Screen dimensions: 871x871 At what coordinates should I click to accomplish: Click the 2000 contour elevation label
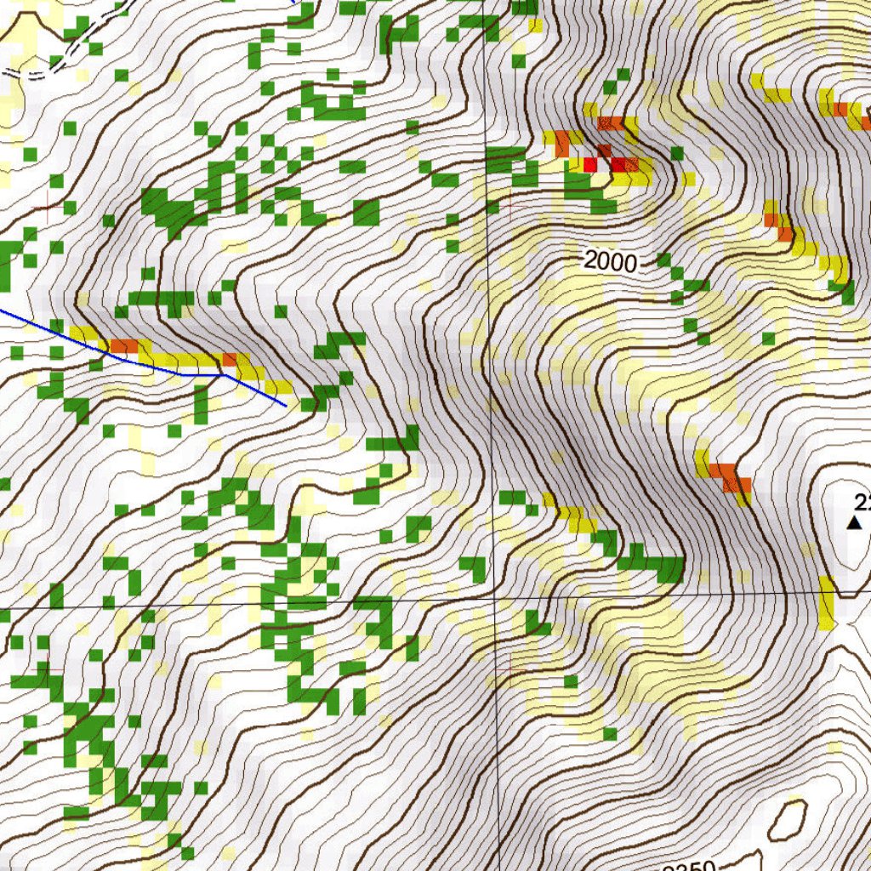coord(611,262)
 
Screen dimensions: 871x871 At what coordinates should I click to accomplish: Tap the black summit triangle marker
coord(855,522)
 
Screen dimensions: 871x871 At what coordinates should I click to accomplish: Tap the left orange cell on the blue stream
coord(123,346)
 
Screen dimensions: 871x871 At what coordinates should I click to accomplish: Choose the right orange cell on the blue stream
coord(230,360)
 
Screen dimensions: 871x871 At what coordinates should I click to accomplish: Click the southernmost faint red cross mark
coord(509,669)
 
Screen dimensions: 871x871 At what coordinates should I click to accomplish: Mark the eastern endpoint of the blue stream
coord(285,406)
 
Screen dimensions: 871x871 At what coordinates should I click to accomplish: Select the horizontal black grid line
coord(255,606)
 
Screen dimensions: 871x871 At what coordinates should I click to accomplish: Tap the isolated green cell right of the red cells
coord(677,153)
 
